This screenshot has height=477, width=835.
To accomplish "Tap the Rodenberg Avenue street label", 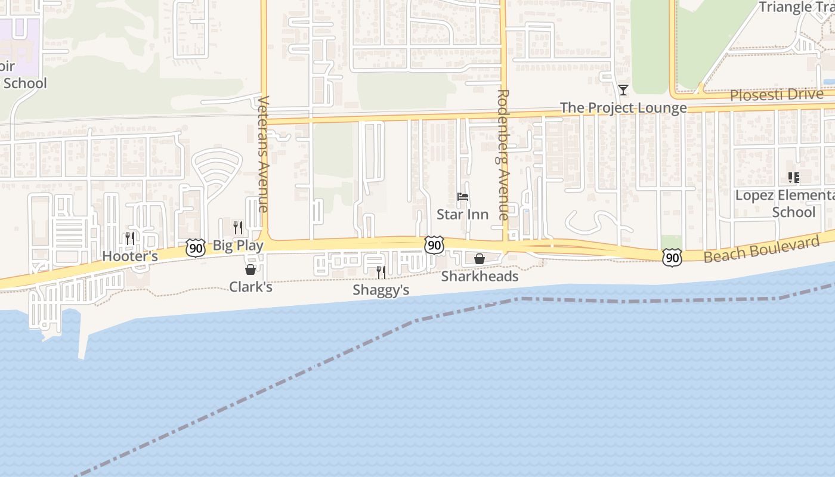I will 503,154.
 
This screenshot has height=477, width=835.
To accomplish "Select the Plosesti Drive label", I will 777,95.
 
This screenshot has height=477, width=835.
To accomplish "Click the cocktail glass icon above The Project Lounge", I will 623,90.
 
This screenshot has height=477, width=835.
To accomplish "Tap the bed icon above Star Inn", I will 462,197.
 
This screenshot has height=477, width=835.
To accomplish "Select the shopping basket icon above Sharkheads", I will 479,259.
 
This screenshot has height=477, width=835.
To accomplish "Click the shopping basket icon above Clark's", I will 250,270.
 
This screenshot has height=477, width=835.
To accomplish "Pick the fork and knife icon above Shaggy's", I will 381,272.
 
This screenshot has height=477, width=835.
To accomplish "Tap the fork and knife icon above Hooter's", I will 129,238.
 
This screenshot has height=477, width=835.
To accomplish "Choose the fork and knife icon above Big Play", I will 237,228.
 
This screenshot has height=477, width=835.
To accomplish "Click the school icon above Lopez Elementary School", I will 793,178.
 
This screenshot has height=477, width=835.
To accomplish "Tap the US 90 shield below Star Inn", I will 434,244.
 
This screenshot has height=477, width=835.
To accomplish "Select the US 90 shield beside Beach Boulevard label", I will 672,258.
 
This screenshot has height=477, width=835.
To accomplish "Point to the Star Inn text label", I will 462,214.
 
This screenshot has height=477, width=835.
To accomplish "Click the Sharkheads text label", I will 480,277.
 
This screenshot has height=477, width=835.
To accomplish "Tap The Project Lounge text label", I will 623,108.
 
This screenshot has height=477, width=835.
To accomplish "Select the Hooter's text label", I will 130,256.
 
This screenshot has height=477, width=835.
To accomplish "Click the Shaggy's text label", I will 381,290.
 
